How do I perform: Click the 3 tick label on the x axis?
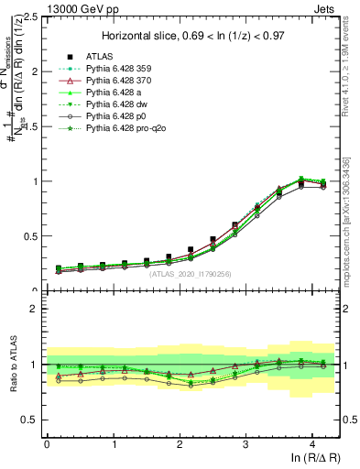[x=245, y=443]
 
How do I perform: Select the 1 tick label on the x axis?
[x=113, y=443]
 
